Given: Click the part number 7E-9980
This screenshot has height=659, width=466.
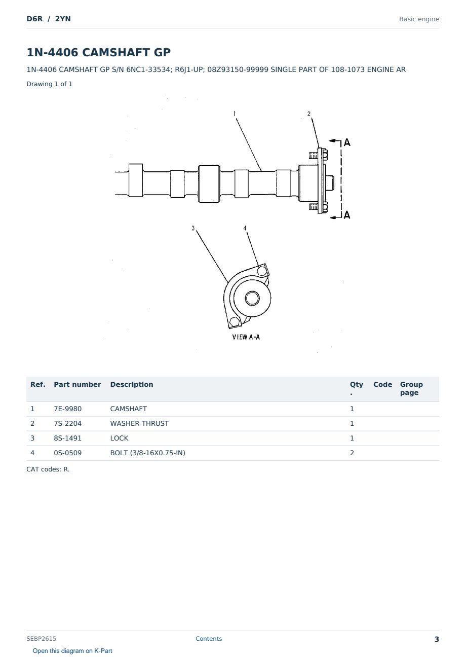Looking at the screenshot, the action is coord(68,409).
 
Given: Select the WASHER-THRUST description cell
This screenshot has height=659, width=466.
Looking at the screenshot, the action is coord(139,423).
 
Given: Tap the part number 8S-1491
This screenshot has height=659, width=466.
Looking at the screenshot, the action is coord(68,438).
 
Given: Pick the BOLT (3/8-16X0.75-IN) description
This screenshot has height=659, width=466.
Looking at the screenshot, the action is coord(147,453).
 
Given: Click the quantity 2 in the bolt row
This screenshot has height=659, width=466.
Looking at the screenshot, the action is coord(352,453).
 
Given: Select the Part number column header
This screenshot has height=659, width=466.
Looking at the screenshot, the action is coord(77,384).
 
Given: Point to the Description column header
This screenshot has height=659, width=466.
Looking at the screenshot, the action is coord(132,384).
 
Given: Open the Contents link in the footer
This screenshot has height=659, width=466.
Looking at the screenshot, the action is coord(209,638).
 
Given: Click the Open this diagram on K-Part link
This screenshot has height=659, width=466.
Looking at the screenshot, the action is coord(72,650).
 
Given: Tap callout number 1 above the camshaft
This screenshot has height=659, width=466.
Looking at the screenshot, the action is coord(235,114).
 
